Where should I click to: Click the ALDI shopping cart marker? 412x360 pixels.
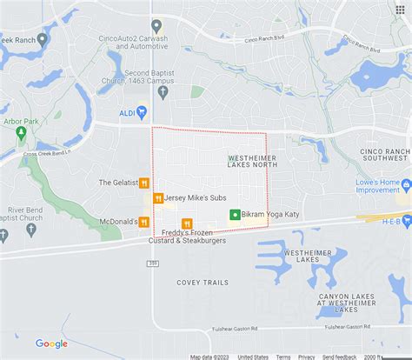point(142,112)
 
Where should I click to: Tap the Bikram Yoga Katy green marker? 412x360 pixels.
point(235,214)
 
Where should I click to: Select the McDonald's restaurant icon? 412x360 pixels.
point(144,222)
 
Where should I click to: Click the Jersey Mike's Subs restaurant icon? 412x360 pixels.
point(157,198)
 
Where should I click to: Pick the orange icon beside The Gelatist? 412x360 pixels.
point(143,183)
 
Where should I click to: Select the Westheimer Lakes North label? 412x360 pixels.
point(251,163)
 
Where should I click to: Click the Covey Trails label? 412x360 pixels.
point(203,283)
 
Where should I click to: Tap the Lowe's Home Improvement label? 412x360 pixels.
point(376,185)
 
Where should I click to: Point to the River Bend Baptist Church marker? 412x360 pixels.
point(30,230)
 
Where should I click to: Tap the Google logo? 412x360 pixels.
point(51,343)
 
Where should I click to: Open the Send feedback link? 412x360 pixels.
point(339,357)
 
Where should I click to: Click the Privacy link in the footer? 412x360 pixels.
point(307,357)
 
